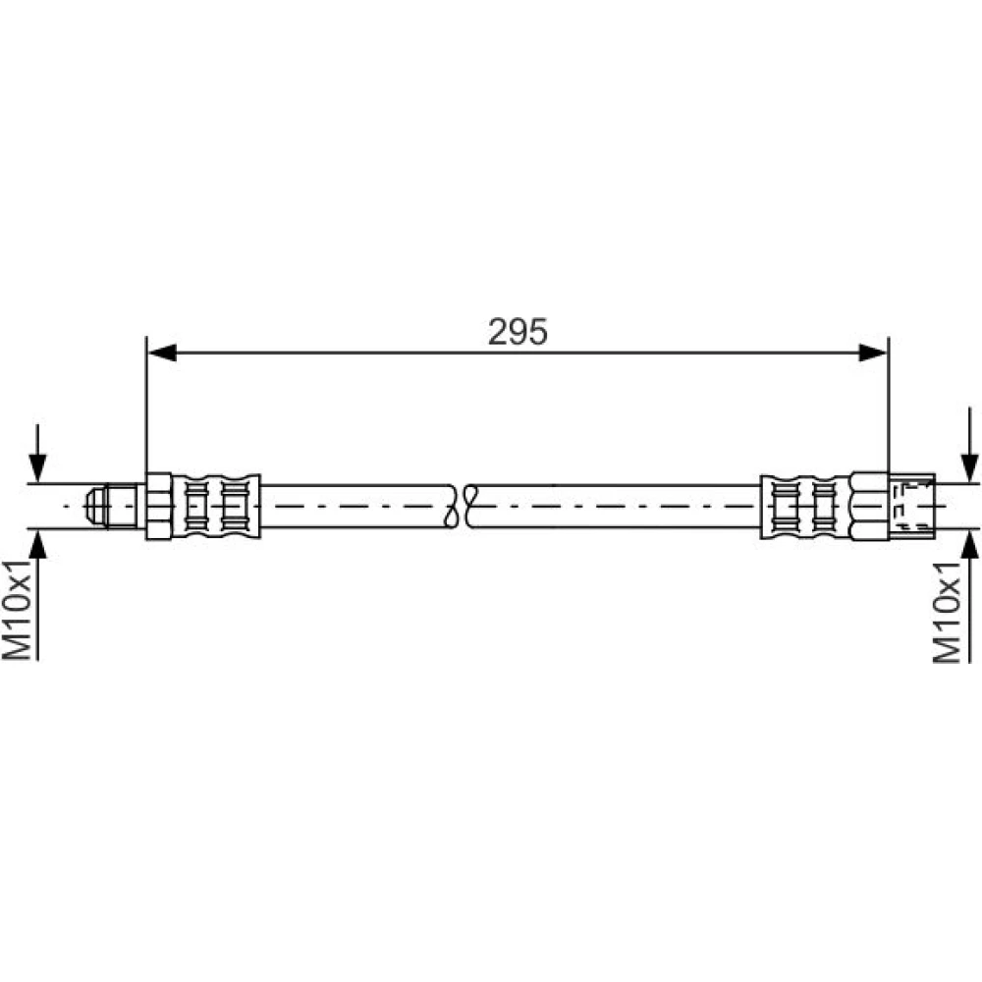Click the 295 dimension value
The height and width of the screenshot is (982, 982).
coord(518,331)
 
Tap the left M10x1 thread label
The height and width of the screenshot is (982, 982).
coord(17,610)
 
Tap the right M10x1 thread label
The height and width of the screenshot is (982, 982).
coord(947,611)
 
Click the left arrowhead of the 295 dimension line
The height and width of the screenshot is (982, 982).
coord(162,353)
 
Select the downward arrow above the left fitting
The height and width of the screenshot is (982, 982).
coord(37,453)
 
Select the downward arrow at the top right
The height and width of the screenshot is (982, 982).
coord(970,445)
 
